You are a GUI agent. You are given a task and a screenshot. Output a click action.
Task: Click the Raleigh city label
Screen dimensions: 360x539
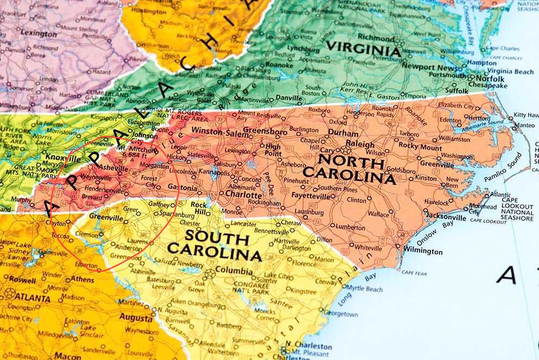[x=360, y=145]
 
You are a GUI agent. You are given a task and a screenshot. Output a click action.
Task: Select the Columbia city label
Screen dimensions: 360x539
[x=234, y=271]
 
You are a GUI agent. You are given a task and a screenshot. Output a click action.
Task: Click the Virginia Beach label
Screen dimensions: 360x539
[x=510, y=71]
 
